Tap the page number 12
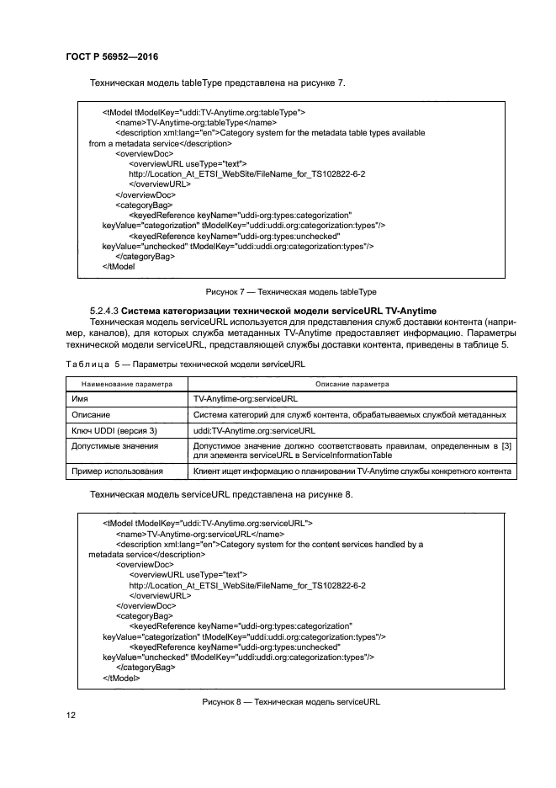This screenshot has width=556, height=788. click(x=71, y=715)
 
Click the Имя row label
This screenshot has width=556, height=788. click(x=82, y=398)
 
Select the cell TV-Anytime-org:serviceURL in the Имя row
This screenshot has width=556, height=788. click(x=246, y=398)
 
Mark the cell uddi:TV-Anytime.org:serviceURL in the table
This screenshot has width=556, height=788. click(x=254, y=429)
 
